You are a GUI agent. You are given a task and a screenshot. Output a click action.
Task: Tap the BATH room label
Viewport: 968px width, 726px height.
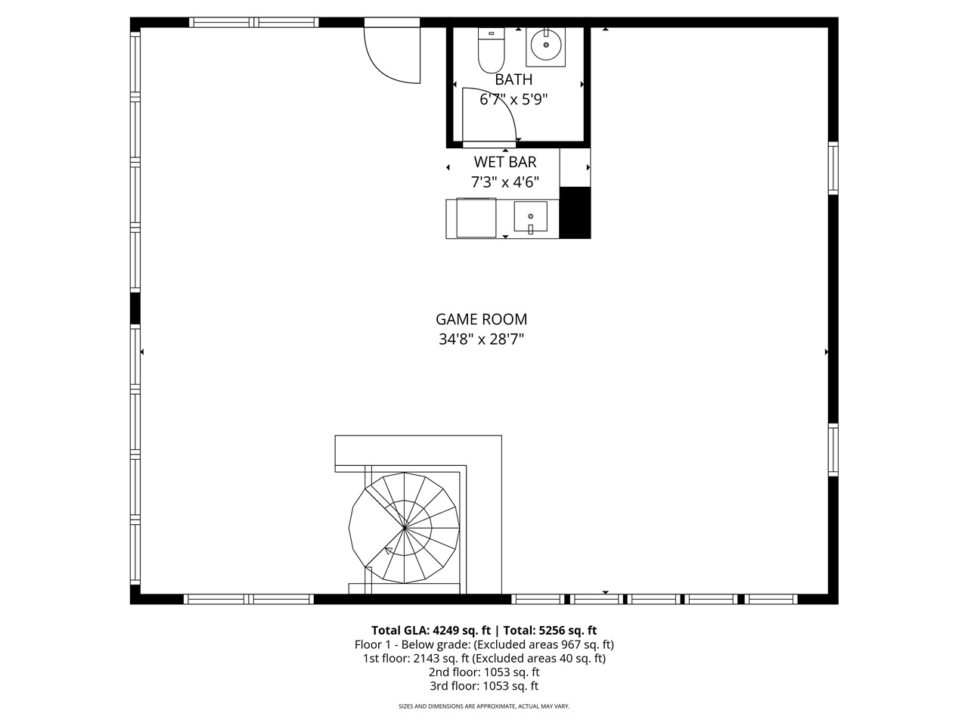[x=513, y=79]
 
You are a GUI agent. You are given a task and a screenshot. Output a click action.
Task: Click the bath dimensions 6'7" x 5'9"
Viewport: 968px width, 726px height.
[x=513, y=99]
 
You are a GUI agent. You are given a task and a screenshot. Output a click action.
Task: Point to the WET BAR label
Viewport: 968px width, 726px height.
[x=505, y=162]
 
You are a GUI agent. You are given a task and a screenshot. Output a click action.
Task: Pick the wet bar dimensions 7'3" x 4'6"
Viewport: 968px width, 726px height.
[x=505, y=182]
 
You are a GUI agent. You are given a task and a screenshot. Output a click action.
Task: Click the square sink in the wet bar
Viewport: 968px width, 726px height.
[x=530, y=217]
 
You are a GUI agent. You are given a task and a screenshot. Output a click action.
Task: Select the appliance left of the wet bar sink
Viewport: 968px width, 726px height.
[x=476, y=218]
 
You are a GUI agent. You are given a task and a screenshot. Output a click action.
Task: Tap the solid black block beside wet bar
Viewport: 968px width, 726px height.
[x=575, y=212]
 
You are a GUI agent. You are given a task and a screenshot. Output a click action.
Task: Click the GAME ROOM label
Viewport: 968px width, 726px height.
[x=481, y=319]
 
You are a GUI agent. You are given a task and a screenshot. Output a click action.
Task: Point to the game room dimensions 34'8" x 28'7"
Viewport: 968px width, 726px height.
[x=481, y=340]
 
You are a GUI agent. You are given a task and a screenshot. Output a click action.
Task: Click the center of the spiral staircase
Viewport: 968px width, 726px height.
[x=405, y=528]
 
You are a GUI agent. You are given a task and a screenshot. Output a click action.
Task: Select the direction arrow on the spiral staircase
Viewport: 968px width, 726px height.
[x=389, y=551]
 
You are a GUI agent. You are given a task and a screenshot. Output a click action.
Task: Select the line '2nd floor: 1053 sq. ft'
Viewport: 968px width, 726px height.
[x=484, y=672]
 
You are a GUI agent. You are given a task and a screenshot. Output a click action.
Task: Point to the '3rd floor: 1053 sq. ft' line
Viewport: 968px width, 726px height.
[x=484, y=687]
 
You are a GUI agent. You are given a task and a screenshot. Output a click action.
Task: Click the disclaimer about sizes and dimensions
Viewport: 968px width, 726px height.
[x=484, y=706]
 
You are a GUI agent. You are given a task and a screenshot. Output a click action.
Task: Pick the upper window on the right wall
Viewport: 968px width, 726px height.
[x=833, y=168]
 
